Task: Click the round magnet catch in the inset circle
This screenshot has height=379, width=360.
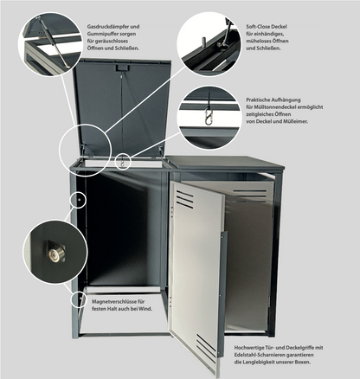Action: [x=56, y=254]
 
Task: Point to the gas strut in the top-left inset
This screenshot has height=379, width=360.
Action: [x=55, y=43]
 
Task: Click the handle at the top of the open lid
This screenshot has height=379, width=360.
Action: [x=123, y=67]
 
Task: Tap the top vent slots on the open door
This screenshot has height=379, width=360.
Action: [x=184, y=199]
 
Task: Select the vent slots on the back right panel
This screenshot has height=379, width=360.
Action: [x=250, y=196]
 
